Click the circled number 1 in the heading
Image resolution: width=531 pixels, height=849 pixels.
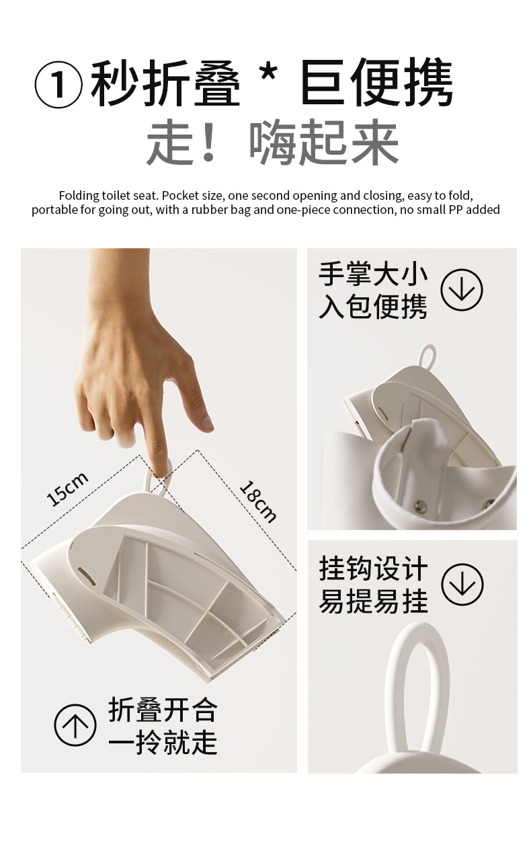pos(58,85)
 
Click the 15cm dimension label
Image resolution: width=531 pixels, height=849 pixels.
pos(67,489)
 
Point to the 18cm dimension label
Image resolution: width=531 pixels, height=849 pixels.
pos(258,501)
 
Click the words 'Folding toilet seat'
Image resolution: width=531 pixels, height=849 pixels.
pos(108,196)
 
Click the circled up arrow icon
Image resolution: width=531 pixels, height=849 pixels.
pos(75,725)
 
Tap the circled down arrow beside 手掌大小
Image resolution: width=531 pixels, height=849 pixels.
pos(462,290)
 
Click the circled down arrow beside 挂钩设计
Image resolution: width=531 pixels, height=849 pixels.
pos(462,584)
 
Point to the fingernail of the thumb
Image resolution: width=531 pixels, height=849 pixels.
pos(206,422)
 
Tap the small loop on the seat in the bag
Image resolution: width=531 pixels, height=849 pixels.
pos(428,356)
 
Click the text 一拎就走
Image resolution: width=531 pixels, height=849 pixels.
pos(163,742)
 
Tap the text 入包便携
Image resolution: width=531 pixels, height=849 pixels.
pos(373,306)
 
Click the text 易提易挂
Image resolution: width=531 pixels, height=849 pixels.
pos(374,601)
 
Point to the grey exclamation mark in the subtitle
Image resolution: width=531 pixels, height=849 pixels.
pos(208,142)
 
